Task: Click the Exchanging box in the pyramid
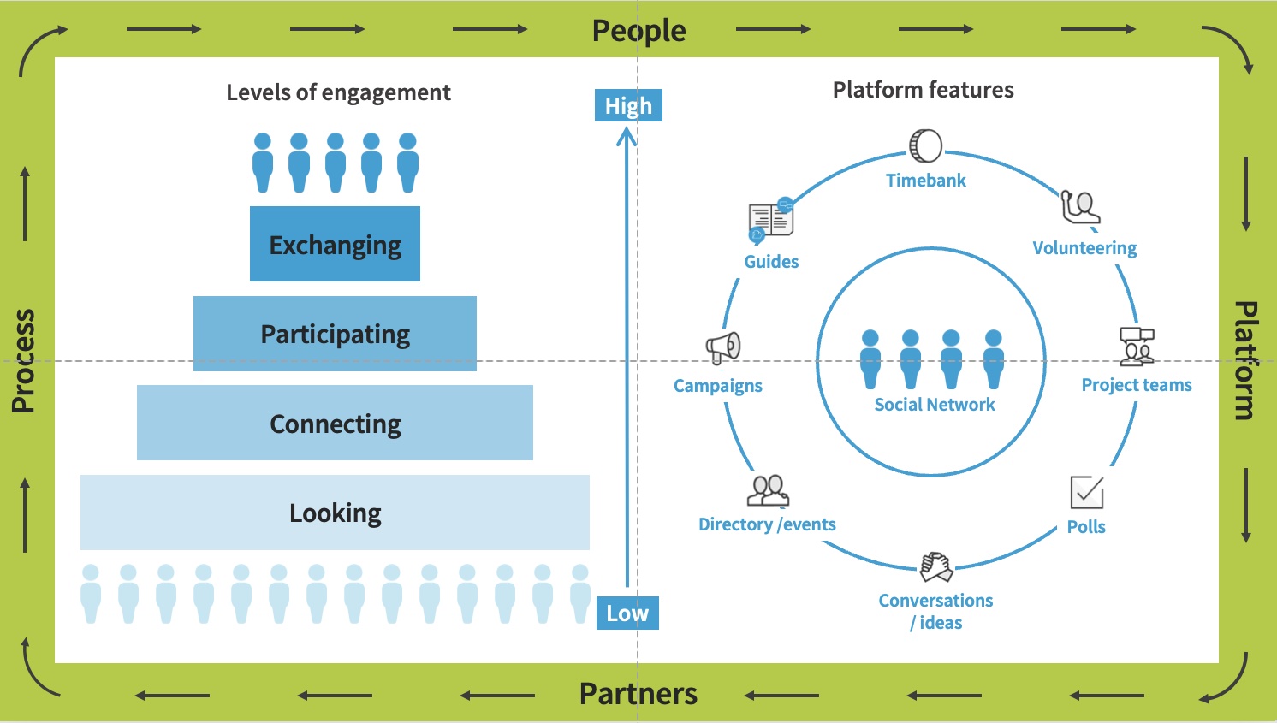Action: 335,244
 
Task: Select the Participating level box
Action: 335,334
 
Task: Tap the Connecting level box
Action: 335,423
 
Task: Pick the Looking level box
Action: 335,513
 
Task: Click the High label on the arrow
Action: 628,105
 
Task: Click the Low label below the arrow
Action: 627,613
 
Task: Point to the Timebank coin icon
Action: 925,146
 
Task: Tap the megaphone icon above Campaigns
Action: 723,347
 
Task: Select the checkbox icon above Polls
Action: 1087,493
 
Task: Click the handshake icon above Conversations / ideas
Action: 936,566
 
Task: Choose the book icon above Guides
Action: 770,220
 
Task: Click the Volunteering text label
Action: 1084,248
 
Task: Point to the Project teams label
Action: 1137,385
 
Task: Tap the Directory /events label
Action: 767,524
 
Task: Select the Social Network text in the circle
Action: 935,405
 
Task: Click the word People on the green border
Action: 638,31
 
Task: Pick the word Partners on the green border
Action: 638,693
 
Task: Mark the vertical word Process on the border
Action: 24,361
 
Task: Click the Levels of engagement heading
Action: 338,92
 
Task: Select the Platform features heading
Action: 923,90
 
